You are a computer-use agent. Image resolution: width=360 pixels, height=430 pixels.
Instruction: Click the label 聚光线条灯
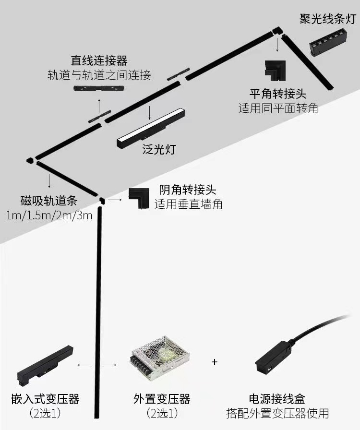click(328, 19)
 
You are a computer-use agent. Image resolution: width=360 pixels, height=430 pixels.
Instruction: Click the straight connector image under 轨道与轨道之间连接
click(99, 89)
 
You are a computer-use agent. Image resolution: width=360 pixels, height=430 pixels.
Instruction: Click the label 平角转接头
click(278, 93)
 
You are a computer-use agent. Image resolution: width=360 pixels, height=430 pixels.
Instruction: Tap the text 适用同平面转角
click(278, 107)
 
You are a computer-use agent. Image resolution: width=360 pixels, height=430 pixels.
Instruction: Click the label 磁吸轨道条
click(49, 200)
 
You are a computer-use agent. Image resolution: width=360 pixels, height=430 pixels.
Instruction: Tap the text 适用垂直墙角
click(189, 204)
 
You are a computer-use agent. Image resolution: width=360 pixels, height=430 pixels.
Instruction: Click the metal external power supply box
click(160, 358)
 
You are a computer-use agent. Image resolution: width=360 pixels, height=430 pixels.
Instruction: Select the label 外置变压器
click(162, 399)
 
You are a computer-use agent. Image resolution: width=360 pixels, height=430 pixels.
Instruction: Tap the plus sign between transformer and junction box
click(215, 361)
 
